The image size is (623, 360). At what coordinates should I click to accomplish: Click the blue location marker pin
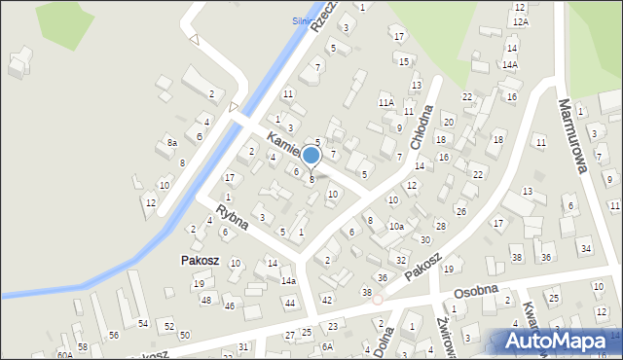point(311,156)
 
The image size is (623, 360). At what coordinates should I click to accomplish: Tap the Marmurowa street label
point(573,134)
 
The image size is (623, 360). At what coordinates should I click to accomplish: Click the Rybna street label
point(233,217)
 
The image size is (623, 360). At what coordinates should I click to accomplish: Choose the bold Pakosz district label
point(199,261)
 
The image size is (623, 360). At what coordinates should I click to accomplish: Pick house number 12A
point(520,21)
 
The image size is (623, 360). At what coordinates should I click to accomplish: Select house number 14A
point(509,64)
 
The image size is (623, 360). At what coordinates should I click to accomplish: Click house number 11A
point(385,102)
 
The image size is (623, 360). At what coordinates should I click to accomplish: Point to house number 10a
point(396,227)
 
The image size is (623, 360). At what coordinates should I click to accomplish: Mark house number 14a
point(288,280)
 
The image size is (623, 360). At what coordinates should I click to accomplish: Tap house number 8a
point(171,143)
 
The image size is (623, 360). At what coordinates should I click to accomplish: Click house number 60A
point(64,355)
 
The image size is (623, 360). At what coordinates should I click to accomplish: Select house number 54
point(143,323)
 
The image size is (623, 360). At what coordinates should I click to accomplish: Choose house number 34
point(585,249)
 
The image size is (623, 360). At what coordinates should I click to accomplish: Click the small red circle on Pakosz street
point(377,300)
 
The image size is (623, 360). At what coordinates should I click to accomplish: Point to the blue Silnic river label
point(307,19)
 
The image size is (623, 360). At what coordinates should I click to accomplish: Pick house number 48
point(205,300)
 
